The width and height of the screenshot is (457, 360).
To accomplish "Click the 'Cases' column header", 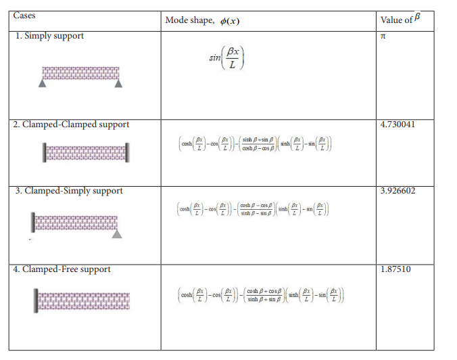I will click(x=25, y=16).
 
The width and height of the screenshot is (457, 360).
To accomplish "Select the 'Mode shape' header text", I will click(x=201, y=20).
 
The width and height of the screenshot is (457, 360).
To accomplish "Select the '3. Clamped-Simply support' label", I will click(x=70, y=191).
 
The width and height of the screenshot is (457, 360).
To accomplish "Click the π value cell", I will click(x=384, y=35).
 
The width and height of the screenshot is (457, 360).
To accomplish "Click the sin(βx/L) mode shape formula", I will click(x=226, y=59).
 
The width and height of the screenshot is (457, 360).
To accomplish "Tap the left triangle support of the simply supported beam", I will click(x=43, y=84).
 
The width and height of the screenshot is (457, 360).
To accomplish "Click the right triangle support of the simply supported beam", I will click(x=119, y=84).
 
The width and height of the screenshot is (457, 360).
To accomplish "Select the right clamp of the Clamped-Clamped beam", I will click(x=127, y=152).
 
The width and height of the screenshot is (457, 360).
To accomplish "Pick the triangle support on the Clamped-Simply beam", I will click(x=117, y=233).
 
